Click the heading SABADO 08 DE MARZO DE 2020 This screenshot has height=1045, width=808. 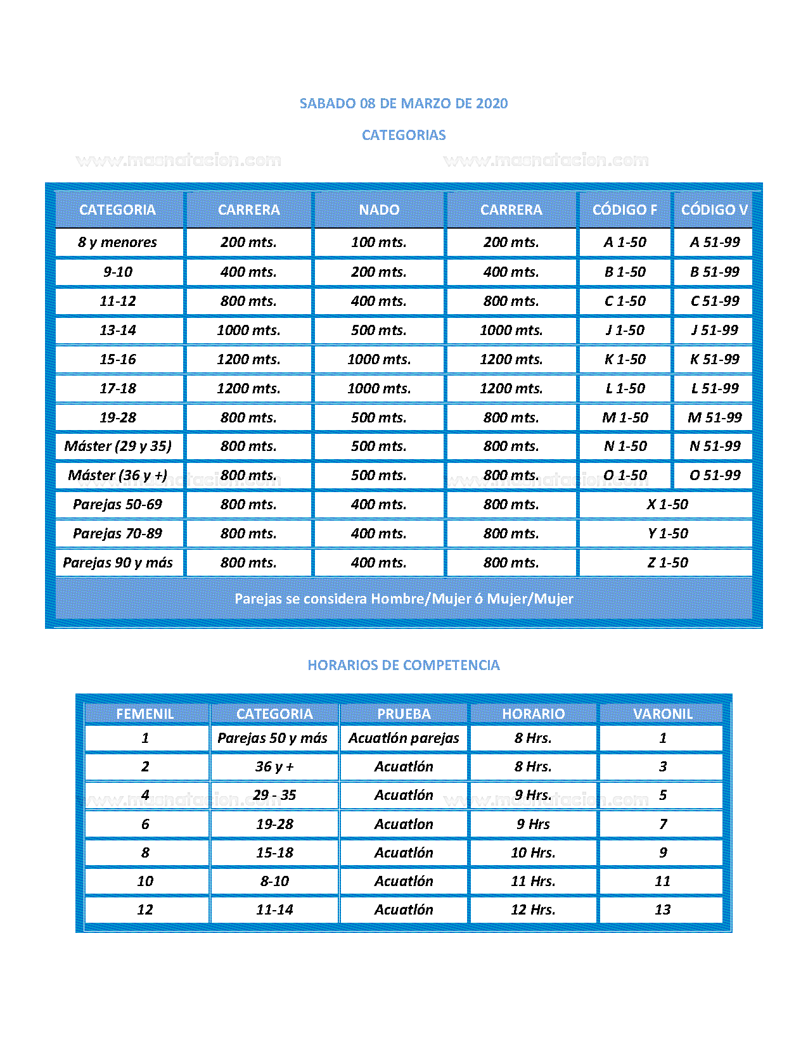click(404, 103)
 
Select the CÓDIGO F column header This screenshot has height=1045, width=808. click(624, 210)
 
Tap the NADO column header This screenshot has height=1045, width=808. click(379, 210)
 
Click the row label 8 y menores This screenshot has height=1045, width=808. click(118, 242)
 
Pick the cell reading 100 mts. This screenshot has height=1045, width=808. click(379, 242)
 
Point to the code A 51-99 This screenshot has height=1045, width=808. click(715, 242)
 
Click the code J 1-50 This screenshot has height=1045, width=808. click(625, 330)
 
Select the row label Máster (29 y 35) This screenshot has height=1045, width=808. click(118, 446)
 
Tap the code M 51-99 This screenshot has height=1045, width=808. click(715, 417)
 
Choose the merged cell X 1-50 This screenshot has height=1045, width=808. click(667, 504)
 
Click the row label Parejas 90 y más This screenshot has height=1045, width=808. click(118, 562)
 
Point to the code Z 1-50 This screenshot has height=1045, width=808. click(667, 562)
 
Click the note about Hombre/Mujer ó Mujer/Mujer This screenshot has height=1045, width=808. click(404, 598)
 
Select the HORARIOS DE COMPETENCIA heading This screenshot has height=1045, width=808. click(404, 665)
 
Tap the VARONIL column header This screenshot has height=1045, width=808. click(662, 714)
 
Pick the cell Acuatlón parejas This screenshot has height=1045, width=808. click(404, 738)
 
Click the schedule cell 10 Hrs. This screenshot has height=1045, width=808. click(533, 852)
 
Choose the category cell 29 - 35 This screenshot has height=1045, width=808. click(274, 795)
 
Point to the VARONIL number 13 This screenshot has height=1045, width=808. click(662, 909)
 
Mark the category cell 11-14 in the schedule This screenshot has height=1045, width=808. click(274, 909)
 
